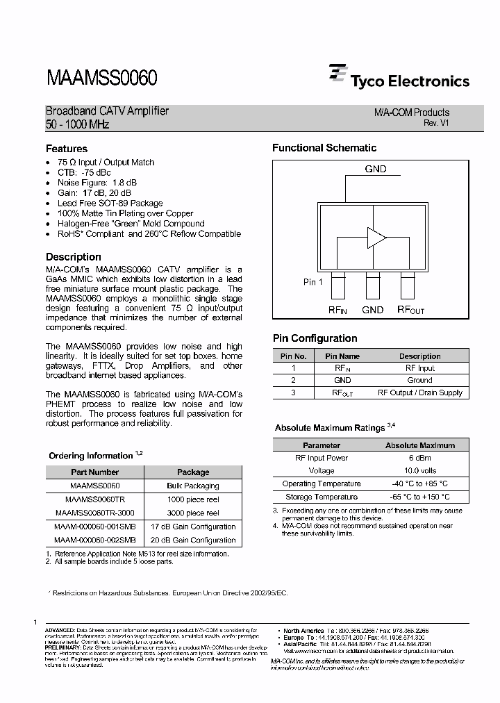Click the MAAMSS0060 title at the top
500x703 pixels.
point(101,77)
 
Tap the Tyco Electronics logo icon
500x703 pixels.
point(338,75)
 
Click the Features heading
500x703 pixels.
point(67,149)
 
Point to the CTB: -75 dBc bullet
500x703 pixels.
point(85,172)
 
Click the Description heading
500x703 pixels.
point(74,257)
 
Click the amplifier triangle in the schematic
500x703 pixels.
point(376,238)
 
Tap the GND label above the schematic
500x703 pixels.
point(376,169)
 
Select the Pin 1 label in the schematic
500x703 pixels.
point(313,282)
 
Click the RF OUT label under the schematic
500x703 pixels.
point(410,310)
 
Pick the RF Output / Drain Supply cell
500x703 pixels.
point(419,393)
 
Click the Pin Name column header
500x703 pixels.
point(342,356)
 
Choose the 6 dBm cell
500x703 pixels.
point(419,458)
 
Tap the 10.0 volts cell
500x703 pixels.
point(419,471)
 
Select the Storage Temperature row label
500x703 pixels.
point(322,497)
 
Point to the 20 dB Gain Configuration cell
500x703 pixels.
point(193,540)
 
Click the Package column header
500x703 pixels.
point(193,472)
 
